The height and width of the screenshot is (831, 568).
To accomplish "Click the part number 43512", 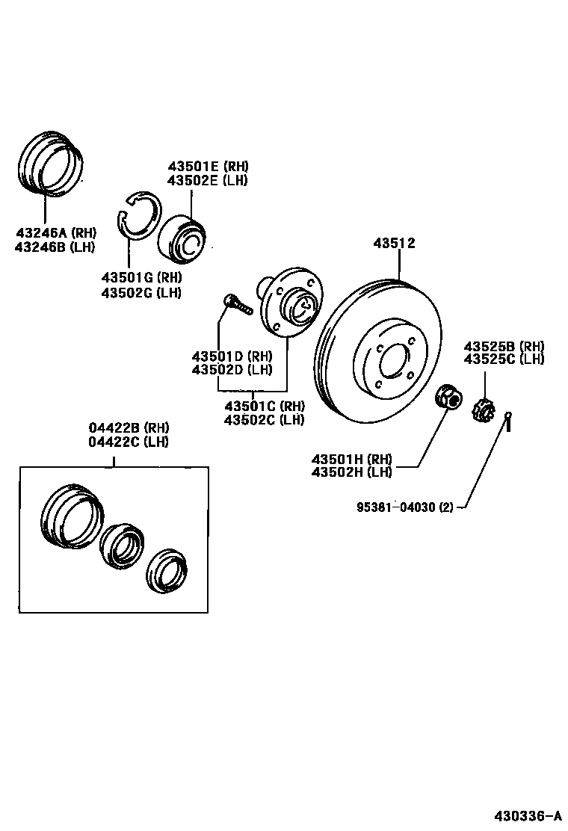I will pyautogui.click(x=394, y=244).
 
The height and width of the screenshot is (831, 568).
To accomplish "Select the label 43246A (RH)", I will pyautogui.click(x=55, y=232).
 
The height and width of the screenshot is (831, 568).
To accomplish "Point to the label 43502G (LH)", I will pyautogui.click(x=141, y=292).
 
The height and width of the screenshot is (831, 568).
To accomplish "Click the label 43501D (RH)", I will pyautogui.click(x=231, y=356).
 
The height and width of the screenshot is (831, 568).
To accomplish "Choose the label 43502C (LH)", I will pyautogui.click(x=264, y=419).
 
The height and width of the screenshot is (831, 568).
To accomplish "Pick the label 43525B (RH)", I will pyautogui.click(x=503, y=346).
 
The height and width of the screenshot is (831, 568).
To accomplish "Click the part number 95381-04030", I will pyautogui.click(x=397, y=507).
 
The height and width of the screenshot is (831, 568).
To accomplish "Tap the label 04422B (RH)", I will pyautogui.click(x=129, y=427).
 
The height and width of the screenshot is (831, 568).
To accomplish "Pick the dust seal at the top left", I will pyautogui.click(x=50, y=164).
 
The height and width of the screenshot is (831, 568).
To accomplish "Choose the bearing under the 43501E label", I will pyautogui.click(x=186, y=238).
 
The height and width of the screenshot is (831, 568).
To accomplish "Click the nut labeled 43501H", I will pyautogui.click(x=448, y=396).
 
